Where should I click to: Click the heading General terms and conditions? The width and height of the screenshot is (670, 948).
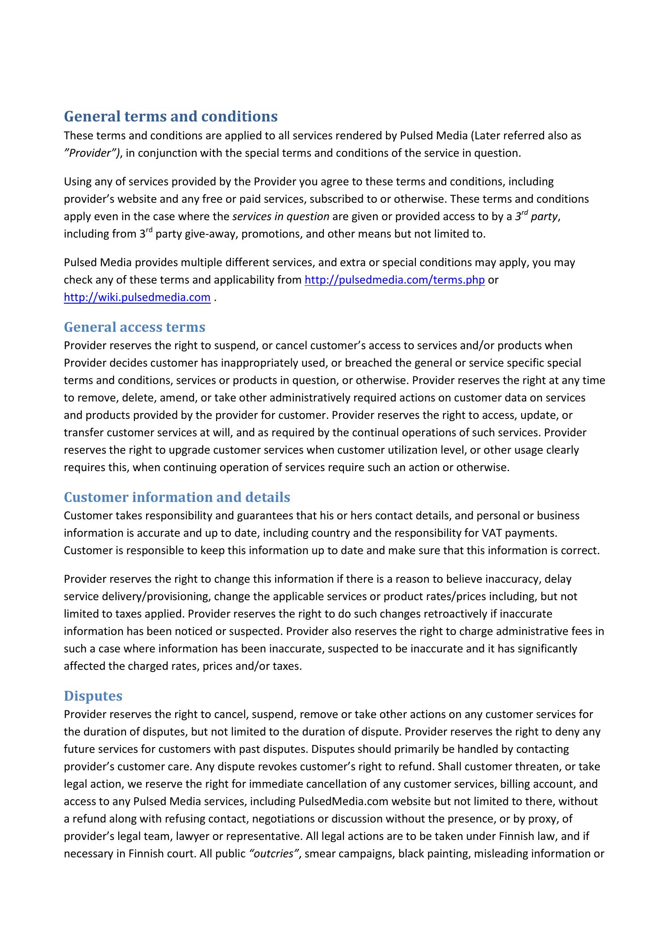point(171,117)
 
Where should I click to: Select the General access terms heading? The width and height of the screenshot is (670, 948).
point(134,327)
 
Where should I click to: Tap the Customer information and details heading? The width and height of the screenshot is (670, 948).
point(177,497)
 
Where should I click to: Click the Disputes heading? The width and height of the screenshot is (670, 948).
point(93,696)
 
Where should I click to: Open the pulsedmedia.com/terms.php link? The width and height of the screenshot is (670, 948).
point(394,280)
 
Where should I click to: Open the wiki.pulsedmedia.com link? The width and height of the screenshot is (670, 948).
point(137,297)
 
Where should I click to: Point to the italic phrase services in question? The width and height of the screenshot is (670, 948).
point(281,217)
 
